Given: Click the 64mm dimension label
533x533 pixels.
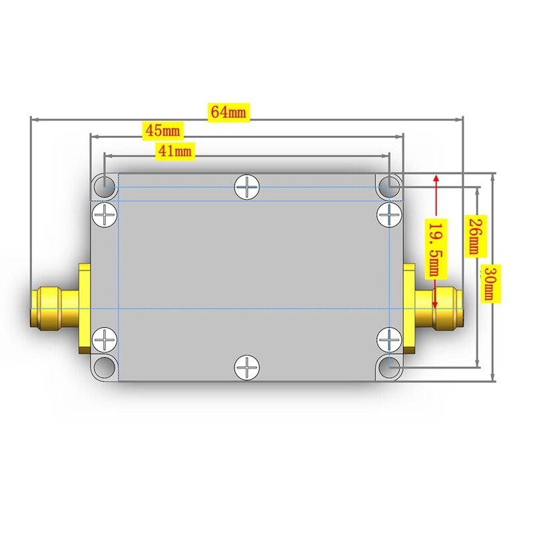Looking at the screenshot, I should (229, 112).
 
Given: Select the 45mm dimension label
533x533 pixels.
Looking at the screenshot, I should (163, 129).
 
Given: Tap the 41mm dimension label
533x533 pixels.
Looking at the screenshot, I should (174, 151).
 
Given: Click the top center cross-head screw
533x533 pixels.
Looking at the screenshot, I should (247, 187).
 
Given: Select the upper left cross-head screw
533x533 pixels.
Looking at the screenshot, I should (105, 215).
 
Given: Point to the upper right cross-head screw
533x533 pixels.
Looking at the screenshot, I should (388, 215).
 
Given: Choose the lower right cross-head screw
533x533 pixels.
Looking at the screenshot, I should (388, 339).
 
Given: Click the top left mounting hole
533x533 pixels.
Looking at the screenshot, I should (104, 186).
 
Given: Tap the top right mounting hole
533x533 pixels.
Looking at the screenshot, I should (389, 186).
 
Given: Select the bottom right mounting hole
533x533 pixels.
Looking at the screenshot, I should (389, 366).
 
